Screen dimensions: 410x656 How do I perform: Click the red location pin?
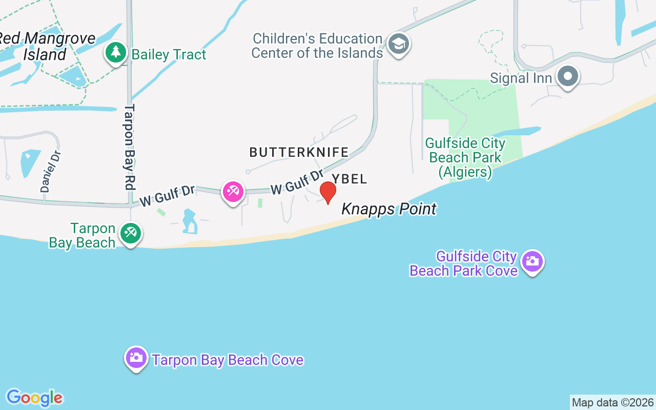[x=328, y=192]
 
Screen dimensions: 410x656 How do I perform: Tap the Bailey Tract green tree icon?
[x=116, y=52]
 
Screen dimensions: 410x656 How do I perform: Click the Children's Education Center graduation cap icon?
[x=398, y=44]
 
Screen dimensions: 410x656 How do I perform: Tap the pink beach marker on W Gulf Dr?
[x=233, y=192]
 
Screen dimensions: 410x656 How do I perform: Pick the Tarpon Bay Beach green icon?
[x=131, y=233]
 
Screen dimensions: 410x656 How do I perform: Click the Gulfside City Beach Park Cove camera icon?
[x=532, y=261]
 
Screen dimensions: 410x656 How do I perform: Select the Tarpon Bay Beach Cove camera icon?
[x=136, y=357]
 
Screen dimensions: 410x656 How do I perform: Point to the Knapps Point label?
[x=389, y=209]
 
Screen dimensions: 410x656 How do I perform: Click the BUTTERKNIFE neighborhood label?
[x=299, y=152]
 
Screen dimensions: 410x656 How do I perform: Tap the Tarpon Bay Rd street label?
[x=129, y=148]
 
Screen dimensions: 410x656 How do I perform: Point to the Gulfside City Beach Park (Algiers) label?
[x=465, y=157]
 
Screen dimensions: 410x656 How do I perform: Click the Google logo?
[x=34, y=398]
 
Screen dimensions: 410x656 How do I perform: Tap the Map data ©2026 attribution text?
[x=612, y=403]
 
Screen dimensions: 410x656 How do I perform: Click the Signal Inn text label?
[x=521, y=78]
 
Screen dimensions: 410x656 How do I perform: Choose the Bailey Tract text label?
[x=169, y=54]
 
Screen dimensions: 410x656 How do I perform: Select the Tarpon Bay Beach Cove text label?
[x=228, y=360]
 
